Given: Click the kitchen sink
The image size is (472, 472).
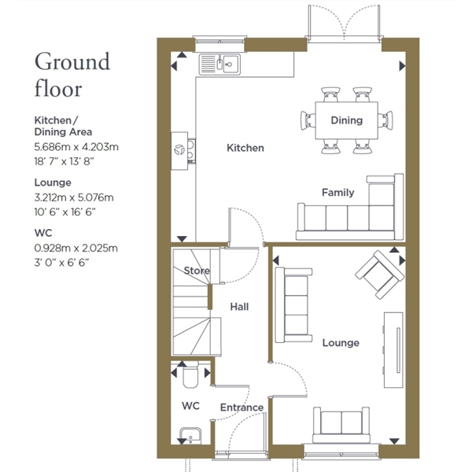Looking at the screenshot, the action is (x=219, y=65).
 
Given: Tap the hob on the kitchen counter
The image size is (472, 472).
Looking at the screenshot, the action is (x=191, y=151).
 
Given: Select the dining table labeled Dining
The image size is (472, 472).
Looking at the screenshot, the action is (x=346, y=120).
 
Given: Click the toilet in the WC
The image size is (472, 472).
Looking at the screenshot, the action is (x=190, y=374).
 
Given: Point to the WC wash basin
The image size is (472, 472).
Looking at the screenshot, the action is (x=190, y=436).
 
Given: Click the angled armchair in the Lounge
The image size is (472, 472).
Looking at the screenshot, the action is (x=380, y=275).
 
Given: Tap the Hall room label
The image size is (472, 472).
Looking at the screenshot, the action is (x=239, y=307).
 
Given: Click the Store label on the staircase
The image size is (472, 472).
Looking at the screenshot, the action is (x=197, y=271).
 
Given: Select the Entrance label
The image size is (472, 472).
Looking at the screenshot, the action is (x=242, y=407).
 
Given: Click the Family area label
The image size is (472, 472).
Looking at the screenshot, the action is (x=337, y=193).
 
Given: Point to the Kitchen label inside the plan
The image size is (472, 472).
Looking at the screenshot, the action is (x=245, y=148).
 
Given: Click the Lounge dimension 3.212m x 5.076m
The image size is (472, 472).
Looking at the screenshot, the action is (x=74, y=197).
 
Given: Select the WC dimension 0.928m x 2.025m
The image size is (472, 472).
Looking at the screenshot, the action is (x=76, y=249).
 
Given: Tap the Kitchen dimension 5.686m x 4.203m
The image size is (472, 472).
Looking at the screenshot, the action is (x=76, y=147).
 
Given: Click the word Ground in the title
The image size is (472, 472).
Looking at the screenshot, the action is (x=72, y=62).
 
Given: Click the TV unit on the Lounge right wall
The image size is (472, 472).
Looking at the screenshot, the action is (x=393, y=350).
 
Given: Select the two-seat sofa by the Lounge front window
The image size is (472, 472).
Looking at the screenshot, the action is (x=341, y=426).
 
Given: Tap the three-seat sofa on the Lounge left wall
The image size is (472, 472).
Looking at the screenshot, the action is (x=293, y=305).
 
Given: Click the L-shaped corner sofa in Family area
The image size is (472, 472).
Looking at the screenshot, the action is (x=350, y=207).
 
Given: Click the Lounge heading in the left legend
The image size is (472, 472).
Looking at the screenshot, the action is (x=53, y=183).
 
